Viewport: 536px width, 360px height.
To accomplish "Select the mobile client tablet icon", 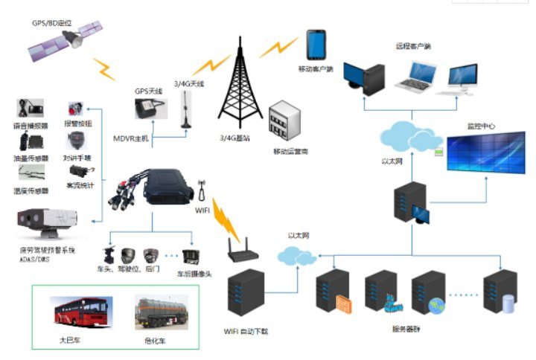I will [316, 47].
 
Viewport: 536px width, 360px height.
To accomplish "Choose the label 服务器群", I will [405, 328].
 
